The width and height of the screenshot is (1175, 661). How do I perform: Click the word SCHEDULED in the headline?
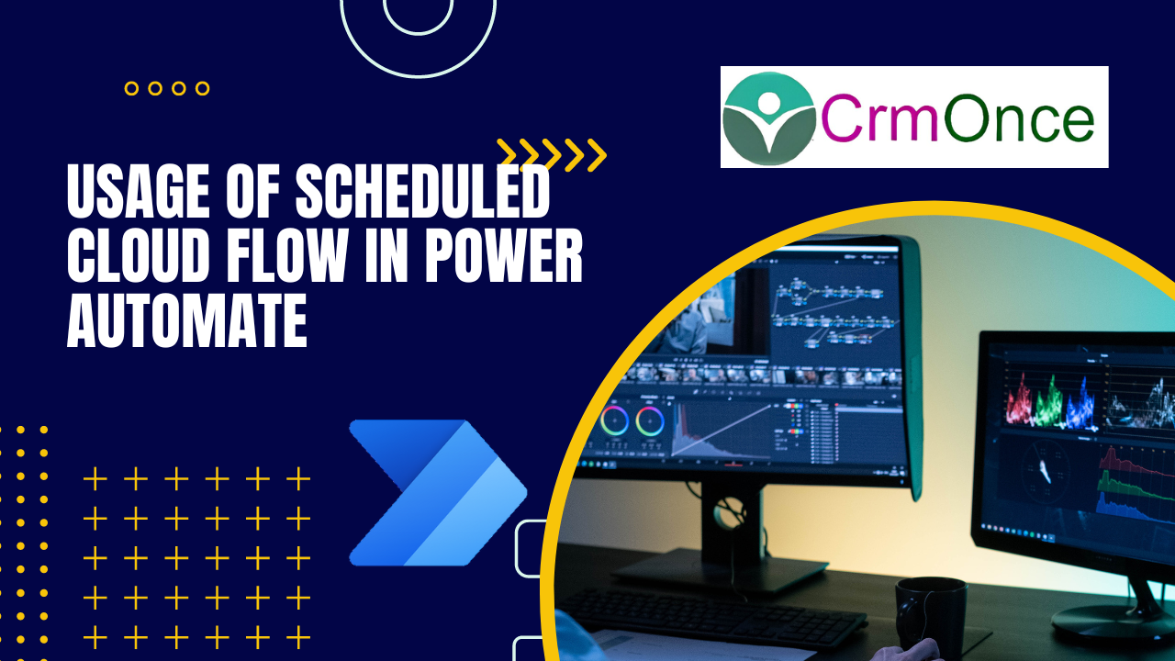pyautogui.click(x=423, y=191)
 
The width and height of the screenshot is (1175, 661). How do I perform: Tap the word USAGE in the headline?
pyautogui.click(x=139, y=191)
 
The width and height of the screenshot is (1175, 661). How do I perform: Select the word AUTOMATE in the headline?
pyautogui.click(x=186, y=320)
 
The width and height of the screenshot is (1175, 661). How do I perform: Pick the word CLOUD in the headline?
pyautogui.click(x=139, y=255)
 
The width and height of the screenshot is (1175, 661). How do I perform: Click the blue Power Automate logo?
pyautogui.click(x=438, y=493)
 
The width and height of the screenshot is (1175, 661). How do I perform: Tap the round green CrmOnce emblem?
pyautogui.click(x=768, y=118)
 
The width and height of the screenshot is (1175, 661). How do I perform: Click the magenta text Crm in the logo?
pyautogui.click(x=879, y=118)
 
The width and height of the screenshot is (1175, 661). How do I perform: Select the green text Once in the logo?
pyautogui.click(x=1019, y=118)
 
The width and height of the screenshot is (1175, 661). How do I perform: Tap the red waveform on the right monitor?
pyautogui.click(x=1019, y=399)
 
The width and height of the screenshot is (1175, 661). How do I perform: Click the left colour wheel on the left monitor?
pyautogui.click(x=615, y=420)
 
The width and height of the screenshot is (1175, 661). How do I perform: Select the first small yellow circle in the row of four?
pyautogui.click(x=131, y=88)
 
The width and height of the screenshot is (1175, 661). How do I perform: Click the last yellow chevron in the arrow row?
pyautogui.click(x=597, y=155)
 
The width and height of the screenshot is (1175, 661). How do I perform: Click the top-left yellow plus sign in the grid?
pyautogui.click(x=95, y=479)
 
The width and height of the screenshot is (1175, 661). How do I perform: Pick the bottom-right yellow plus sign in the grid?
pyautogui.click(x=298, y=637)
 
